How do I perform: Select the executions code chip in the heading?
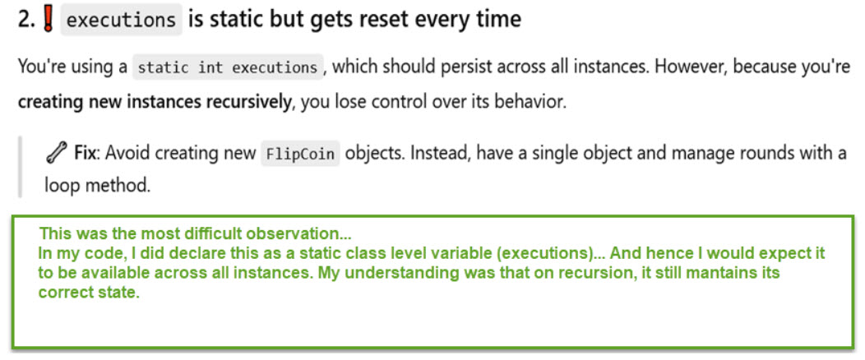[x=121, y=20]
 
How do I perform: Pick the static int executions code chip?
[x=228, y=67]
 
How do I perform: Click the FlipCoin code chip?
[x=300, y=153]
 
